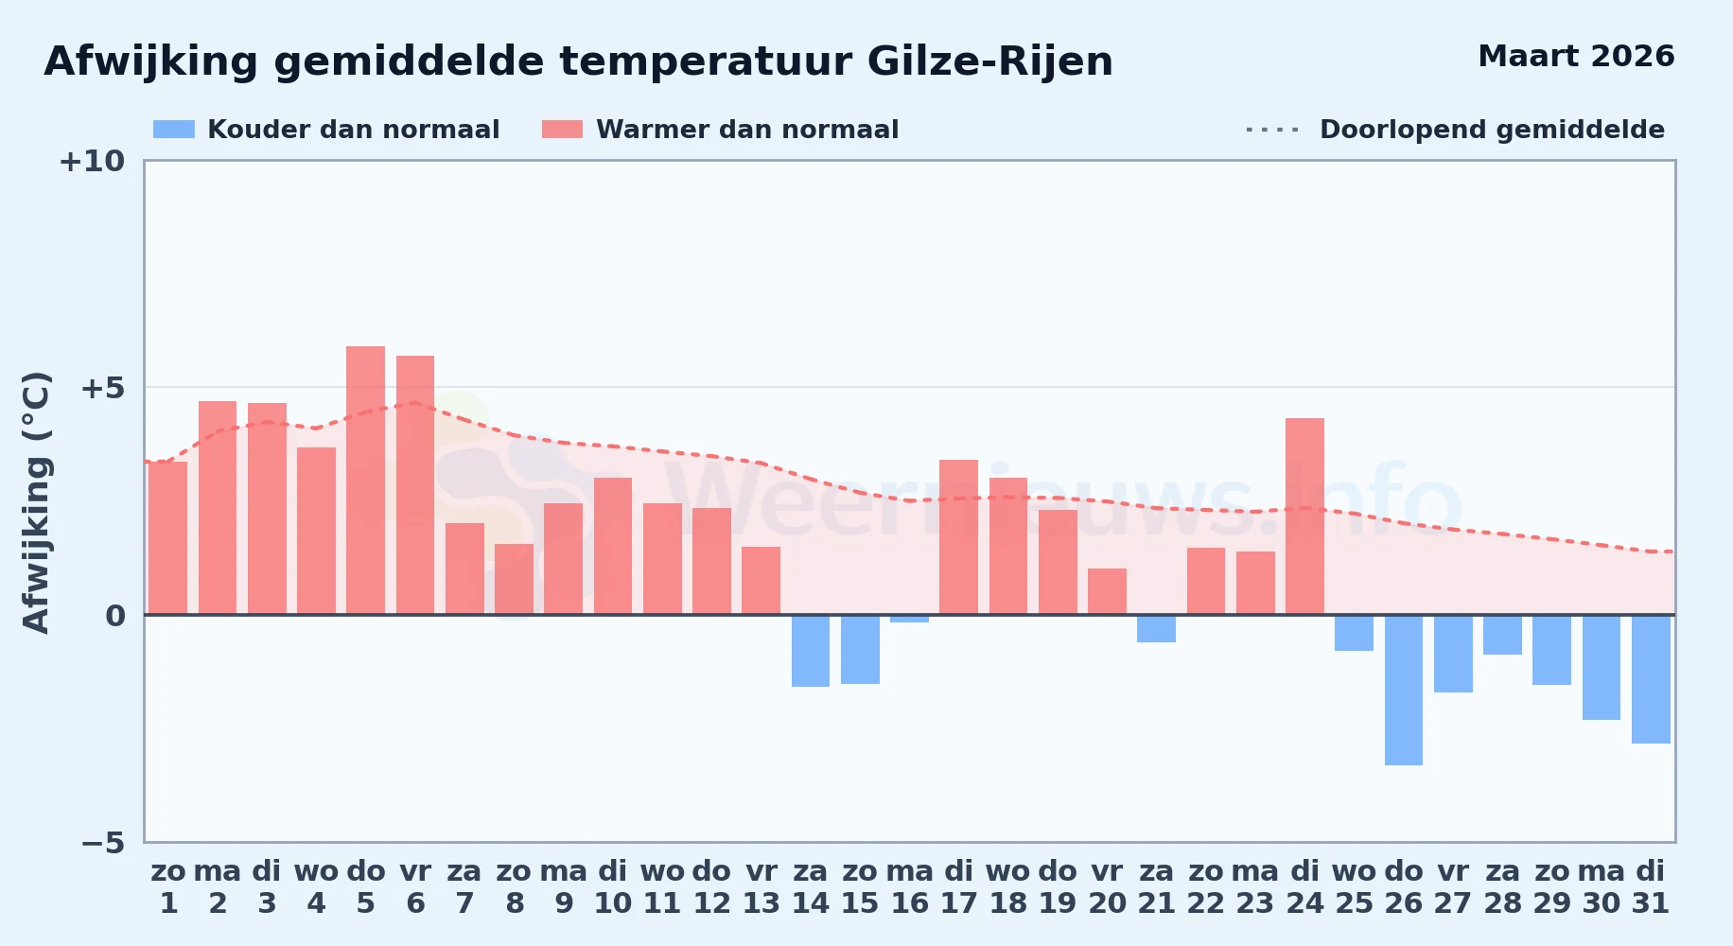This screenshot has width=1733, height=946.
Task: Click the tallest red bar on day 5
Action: [x=365, y=481]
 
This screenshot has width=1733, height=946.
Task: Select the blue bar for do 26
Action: [x=1404, y=690]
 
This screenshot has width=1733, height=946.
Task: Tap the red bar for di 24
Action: [x=1304, y=517]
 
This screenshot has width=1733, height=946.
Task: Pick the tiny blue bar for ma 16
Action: [x=909, y=619]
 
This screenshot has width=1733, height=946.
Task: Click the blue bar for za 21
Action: [x=1156, y=628]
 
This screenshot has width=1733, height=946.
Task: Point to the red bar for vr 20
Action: [x=1107, y=591]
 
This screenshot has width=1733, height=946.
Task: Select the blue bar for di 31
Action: [x=1651, y=679]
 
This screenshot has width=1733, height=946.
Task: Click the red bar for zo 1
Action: [x=167, y=538]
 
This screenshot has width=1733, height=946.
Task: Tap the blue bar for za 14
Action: [x=811, y=651]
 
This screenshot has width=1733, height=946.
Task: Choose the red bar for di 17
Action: [x=958, y=537]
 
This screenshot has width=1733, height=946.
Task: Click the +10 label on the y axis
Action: [x=92, y=161]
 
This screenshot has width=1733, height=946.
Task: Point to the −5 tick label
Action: [x=102, y=842]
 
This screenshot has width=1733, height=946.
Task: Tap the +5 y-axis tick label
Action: [x=102, y=388]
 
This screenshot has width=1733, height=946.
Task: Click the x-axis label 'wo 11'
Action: [x=662, y=887]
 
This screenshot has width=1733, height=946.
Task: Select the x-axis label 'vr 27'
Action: [x=1453, y=887]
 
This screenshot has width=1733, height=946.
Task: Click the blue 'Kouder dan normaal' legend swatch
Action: [x=174, y=130]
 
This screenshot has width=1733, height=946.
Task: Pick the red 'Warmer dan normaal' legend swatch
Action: [x=562, y=130]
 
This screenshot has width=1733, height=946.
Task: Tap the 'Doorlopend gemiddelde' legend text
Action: [x=1492, y=130]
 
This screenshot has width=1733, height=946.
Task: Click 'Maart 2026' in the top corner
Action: [x=1576, y=57]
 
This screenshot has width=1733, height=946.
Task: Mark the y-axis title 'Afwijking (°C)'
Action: [x=36, y=501]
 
